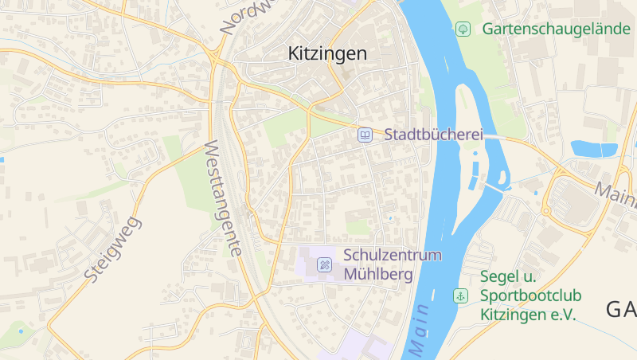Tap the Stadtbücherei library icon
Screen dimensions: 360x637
click(x=365, y=135)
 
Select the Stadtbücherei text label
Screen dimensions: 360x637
click(x=434, y=135)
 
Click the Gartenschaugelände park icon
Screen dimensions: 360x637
click(x=463, y=29)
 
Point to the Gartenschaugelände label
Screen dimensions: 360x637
click(x=556, y=29)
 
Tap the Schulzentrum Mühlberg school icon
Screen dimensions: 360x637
click(x=325, y=264)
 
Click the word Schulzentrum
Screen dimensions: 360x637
click(x=393, y=256)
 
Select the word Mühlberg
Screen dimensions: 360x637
click(x=378, y=275)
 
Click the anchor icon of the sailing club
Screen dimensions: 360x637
click(x=460, y=295)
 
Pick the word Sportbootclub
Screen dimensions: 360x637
click(x=530, y=295)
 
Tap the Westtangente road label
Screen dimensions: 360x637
click(x=224, y=198)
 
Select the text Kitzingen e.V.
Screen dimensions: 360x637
click(x=527, y=315)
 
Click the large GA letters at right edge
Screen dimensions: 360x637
click(x=620, y=310)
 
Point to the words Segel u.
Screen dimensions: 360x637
click(x=508, y=277)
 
